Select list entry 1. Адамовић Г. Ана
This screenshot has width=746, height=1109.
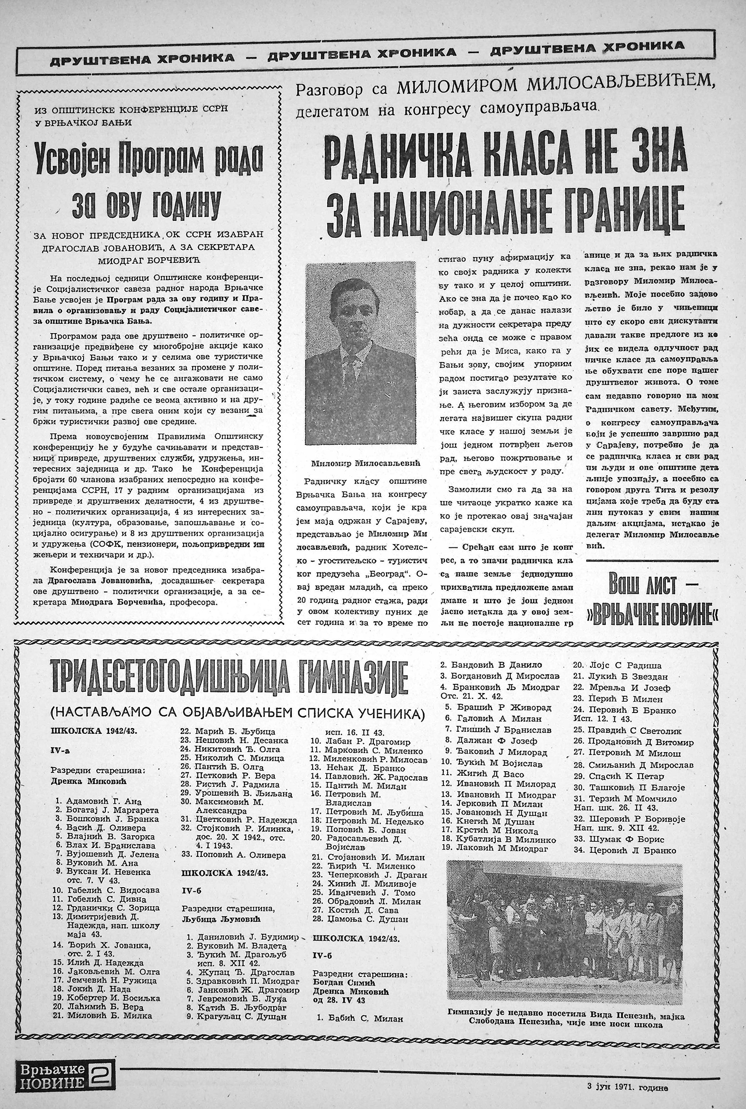point(99,800)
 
